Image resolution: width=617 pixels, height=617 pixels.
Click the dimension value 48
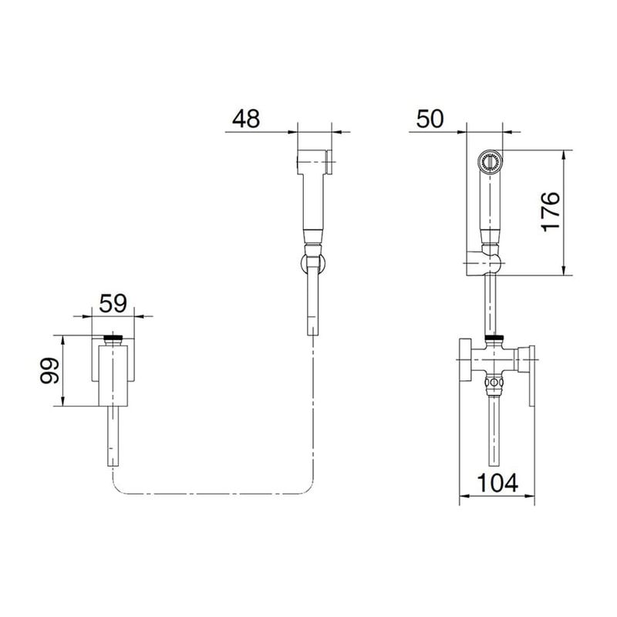[x=246, y=119]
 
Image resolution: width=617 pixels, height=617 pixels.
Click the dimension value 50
[x=430, y=119]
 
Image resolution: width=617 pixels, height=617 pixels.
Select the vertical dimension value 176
[x=550, y=211]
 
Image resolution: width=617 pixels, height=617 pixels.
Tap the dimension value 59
[x=113, y=303]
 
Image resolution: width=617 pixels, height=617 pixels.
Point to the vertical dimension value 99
[x=50, y=370]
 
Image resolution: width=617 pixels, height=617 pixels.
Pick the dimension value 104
[x=497, y=483]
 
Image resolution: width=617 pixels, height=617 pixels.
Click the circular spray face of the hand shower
[x=490, y=162]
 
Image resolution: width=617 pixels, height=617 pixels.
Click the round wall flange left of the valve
[x=466, y=359]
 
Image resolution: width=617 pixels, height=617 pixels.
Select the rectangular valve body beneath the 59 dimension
[x=113, y=376]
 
